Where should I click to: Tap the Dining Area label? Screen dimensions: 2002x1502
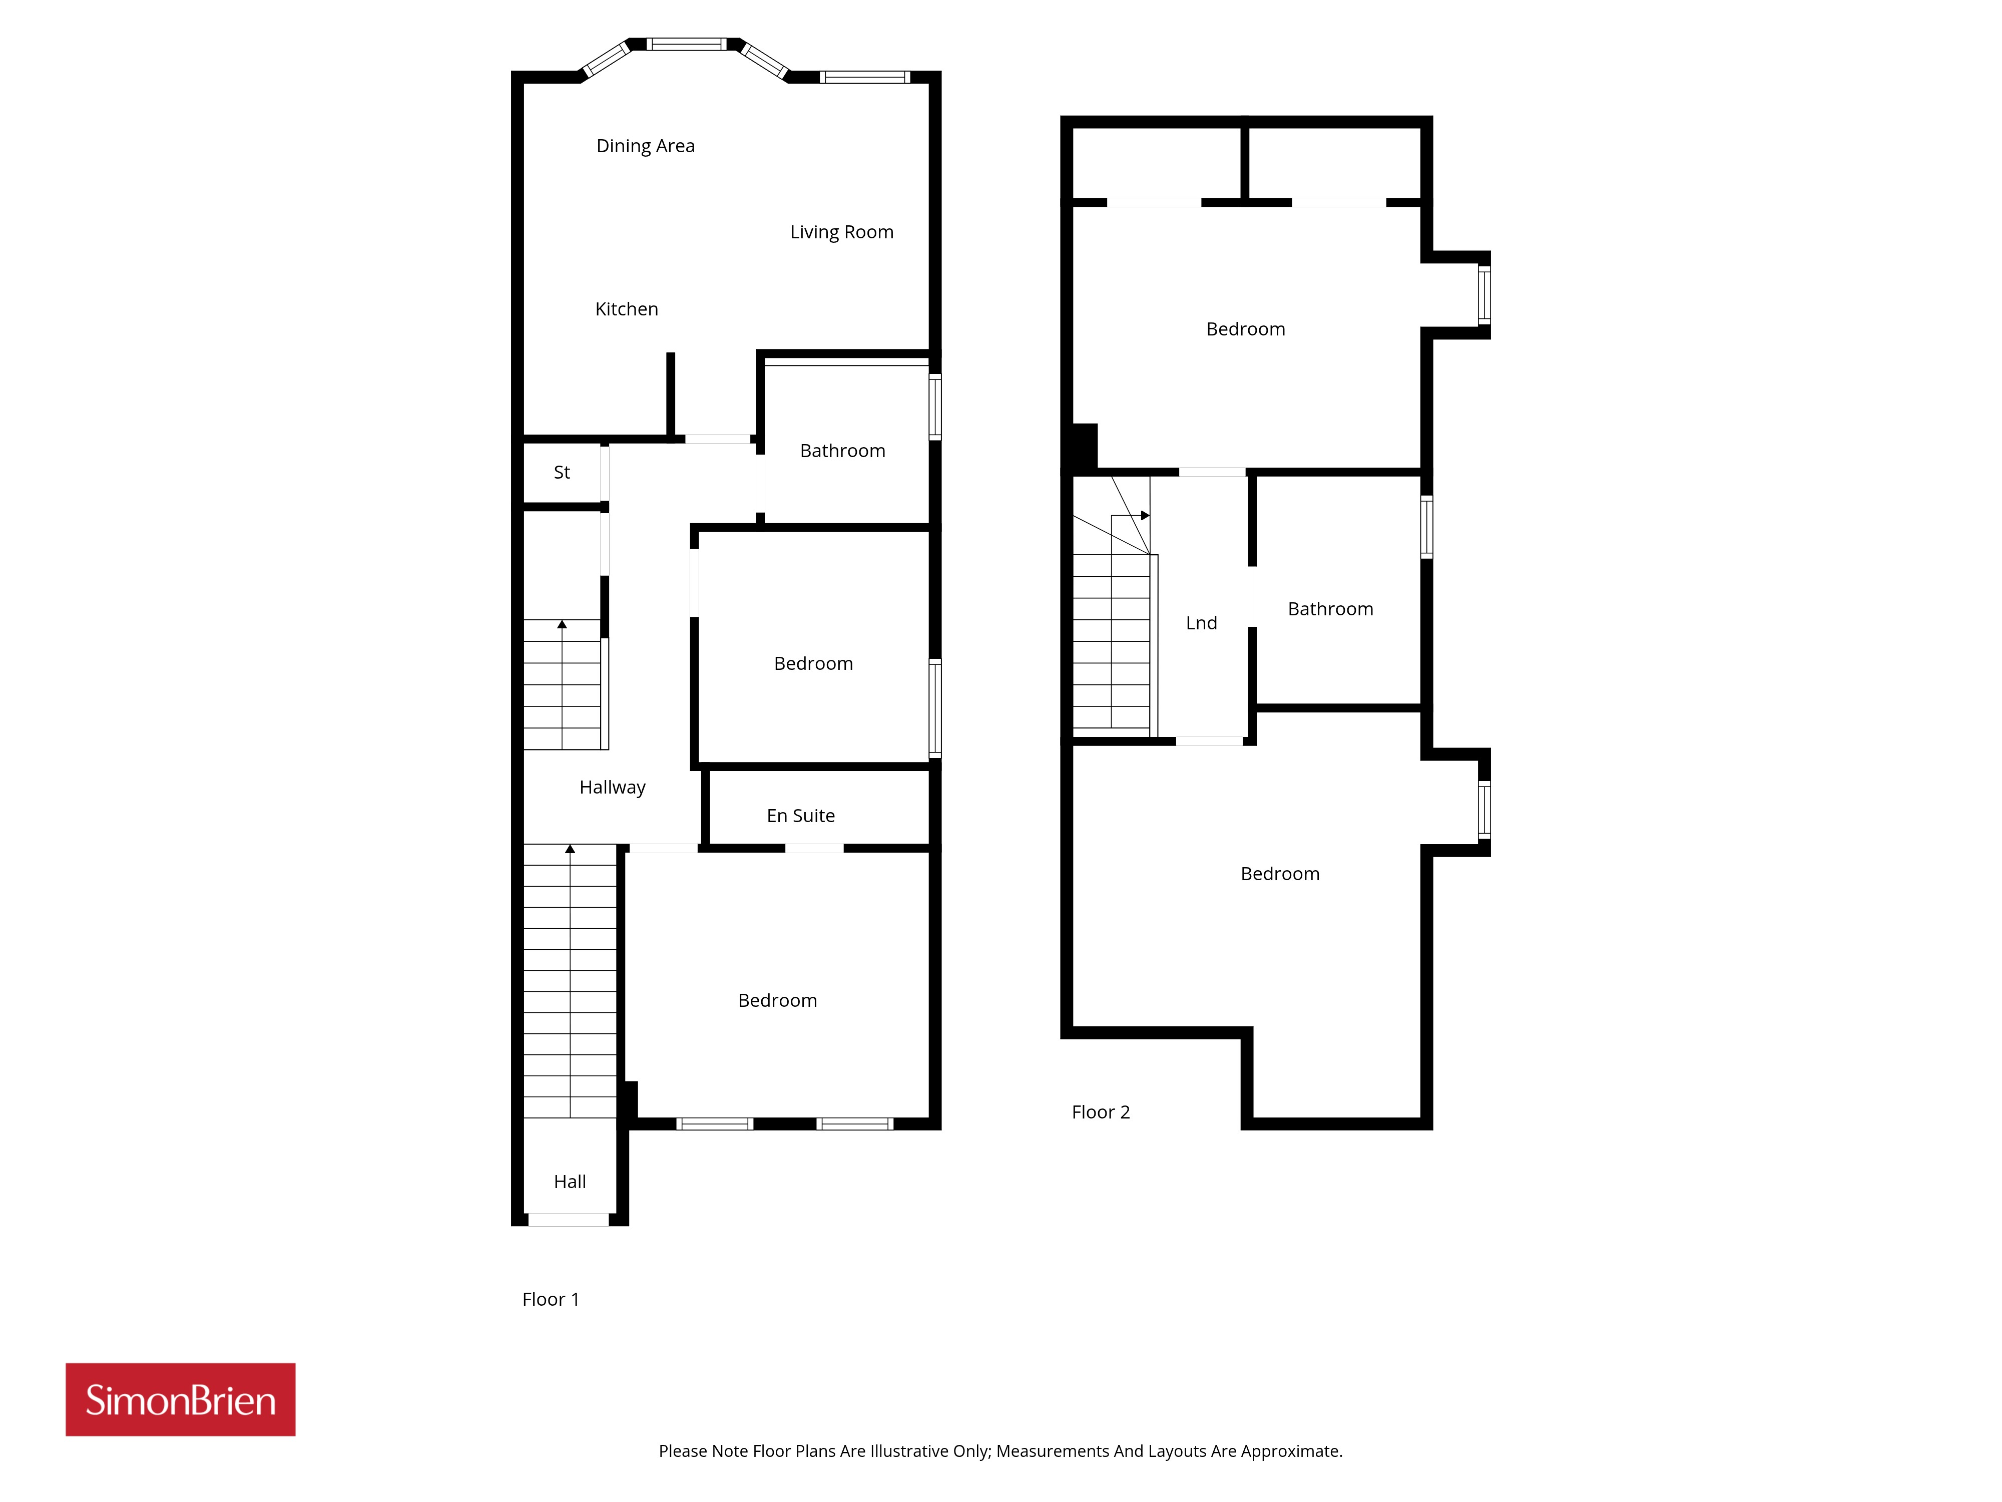(x=645, y=146)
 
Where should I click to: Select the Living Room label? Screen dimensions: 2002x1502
(x=842, y=232)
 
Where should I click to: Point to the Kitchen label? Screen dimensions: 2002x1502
(x=626, y=309)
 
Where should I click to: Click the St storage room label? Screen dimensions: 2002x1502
(x=562, y=472)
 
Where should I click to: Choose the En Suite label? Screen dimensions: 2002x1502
(x=801, y=816)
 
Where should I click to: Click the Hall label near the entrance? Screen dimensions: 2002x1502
(x=570, y=1182)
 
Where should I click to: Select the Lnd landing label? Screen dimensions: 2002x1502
(x=1201, y=623)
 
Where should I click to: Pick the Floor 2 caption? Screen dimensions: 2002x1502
(x=1101, y=1112)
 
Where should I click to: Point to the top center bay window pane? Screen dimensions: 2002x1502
(x=687, y=44)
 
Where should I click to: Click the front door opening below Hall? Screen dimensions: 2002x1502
(x=569, y=1220)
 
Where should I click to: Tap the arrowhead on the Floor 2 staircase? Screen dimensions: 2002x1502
(x=1145, y=515)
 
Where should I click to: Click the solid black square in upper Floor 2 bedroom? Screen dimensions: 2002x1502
(x=1084, y=447)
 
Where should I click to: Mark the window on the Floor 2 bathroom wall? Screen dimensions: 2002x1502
(x=1426, y=526)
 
